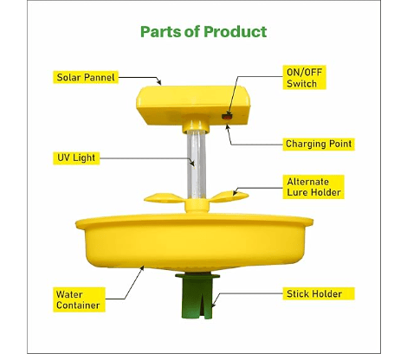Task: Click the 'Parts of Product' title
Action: (203, 32)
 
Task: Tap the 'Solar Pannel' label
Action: (86, 77)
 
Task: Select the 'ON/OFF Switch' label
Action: (304, 77)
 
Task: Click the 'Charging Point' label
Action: (319, 144)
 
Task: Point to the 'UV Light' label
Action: (76, 158)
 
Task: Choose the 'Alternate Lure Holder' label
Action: (313, 187)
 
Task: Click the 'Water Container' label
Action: (79, 299)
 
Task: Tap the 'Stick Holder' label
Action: (319, 293)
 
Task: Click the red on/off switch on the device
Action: (227, 117)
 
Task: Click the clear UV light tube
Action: (197, 164)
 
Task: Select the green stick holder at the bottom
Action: (197, 296)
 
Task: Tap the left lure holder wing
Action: (164, 198)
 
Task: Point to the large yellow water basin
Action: (194, 241)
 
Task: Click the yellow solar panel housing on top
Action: (193, 106)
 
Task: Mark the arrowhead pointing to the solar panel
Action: (158, 82)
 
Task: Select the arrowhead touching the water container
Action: (142, 268)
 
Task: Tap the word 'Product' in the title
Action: (235, 32)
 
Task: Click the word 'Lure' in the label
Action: (297, 192)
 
